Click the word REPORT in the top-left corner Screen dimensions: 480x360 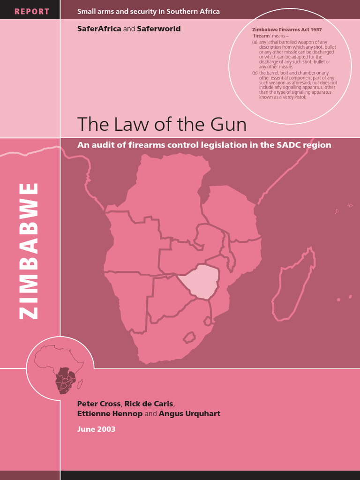[32, 11]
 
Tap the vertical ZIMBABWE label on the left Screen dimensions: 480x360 [29, 251]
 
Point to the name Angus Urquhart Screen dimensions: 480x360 [189, 413]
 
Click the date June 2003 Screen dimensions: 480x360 [96, 429]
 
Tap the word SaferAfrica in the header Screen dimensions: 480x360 [99, 29]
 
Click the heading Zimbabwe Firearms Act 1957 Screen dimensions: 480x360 [287, 30]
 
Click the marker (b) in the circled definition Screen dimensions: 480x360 [255, 73]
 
